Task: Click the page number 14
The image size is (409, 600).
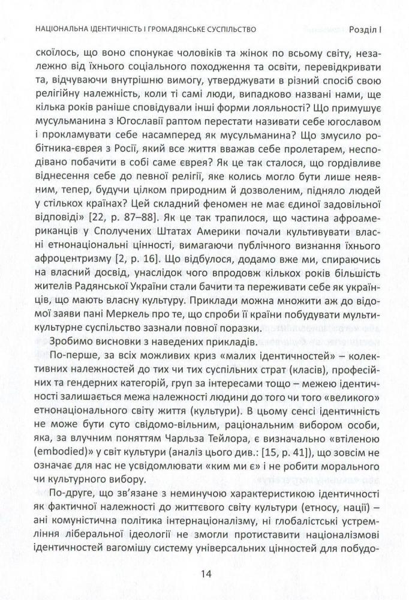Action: click(x=204, y=574)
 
